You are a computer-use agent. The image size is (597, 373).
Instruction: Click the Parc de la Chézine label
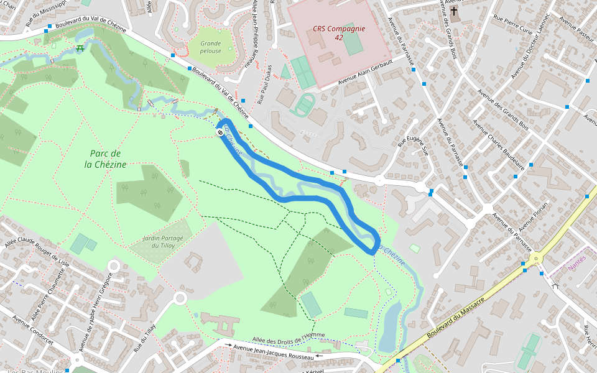click(x=105, y=159)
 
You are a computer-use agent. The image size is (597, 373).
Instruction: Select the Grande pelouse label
click(x=210, y=47)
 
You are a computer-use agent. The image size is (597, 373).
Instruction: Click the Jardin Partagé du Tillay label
click(x=162, y=242)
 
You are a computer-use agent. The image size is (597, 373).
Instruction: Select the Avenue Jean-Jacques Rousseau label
click(x=274, y=351)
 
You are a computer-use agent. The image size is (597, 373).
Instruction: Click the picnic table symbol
click(x=80, y=48)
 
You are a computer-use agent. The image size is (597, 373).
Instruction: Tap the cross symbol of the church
click(x=455, y=11)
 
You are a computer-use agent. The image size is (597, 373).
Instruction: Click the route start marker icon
click(x=220, y=132)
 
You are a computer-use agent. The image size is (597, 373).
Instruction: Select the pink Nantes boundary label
click(x=577, y=266)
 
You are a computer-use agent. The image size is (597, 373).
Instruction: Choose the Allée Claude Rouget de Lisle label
click(x=37, y=251)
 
